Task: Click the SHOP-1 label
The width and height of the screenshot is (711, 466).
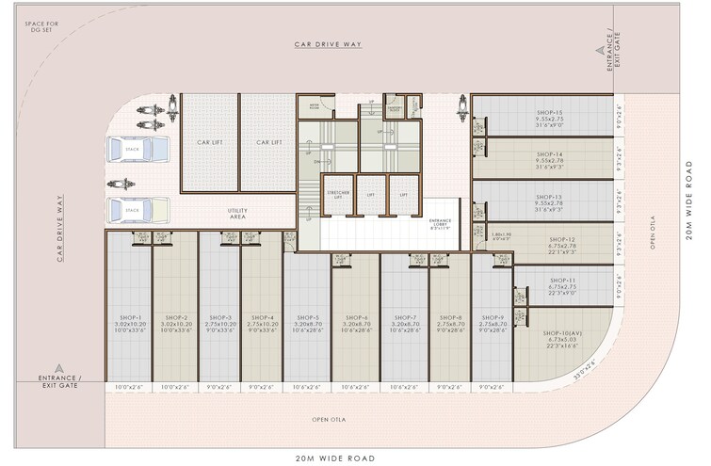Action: (x=131, y=318)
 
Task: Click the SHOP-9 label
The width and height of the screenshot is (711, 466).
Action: (x=491, y=318)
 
